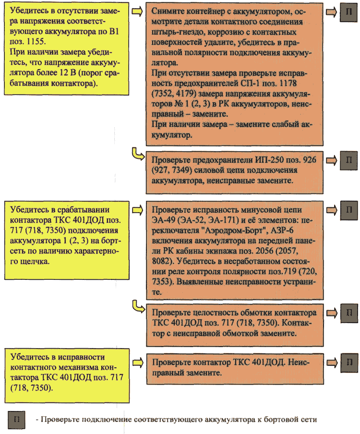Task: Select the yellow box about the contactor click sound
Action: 67,240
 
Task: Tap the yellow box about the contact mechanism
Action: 67,375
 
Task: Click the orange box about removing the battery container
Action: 234,74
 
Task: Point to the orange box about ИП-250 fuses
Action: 235,172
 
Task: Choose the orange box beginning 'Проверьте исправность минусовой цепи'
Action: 235,251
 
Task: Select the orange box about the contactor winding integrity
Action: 235,325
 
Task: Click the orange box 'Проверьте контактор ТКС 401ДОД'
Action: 235,369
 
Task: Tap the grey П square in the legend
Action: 16,420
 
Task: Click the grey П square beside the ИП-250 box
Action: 348,160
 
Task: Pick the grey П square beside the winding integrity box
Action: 349,313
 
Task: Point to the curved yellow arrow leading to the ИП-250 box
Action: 138,154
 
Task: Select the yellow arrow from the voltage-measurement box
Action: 137,12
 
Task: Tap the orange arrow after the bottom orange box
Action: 332,362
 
